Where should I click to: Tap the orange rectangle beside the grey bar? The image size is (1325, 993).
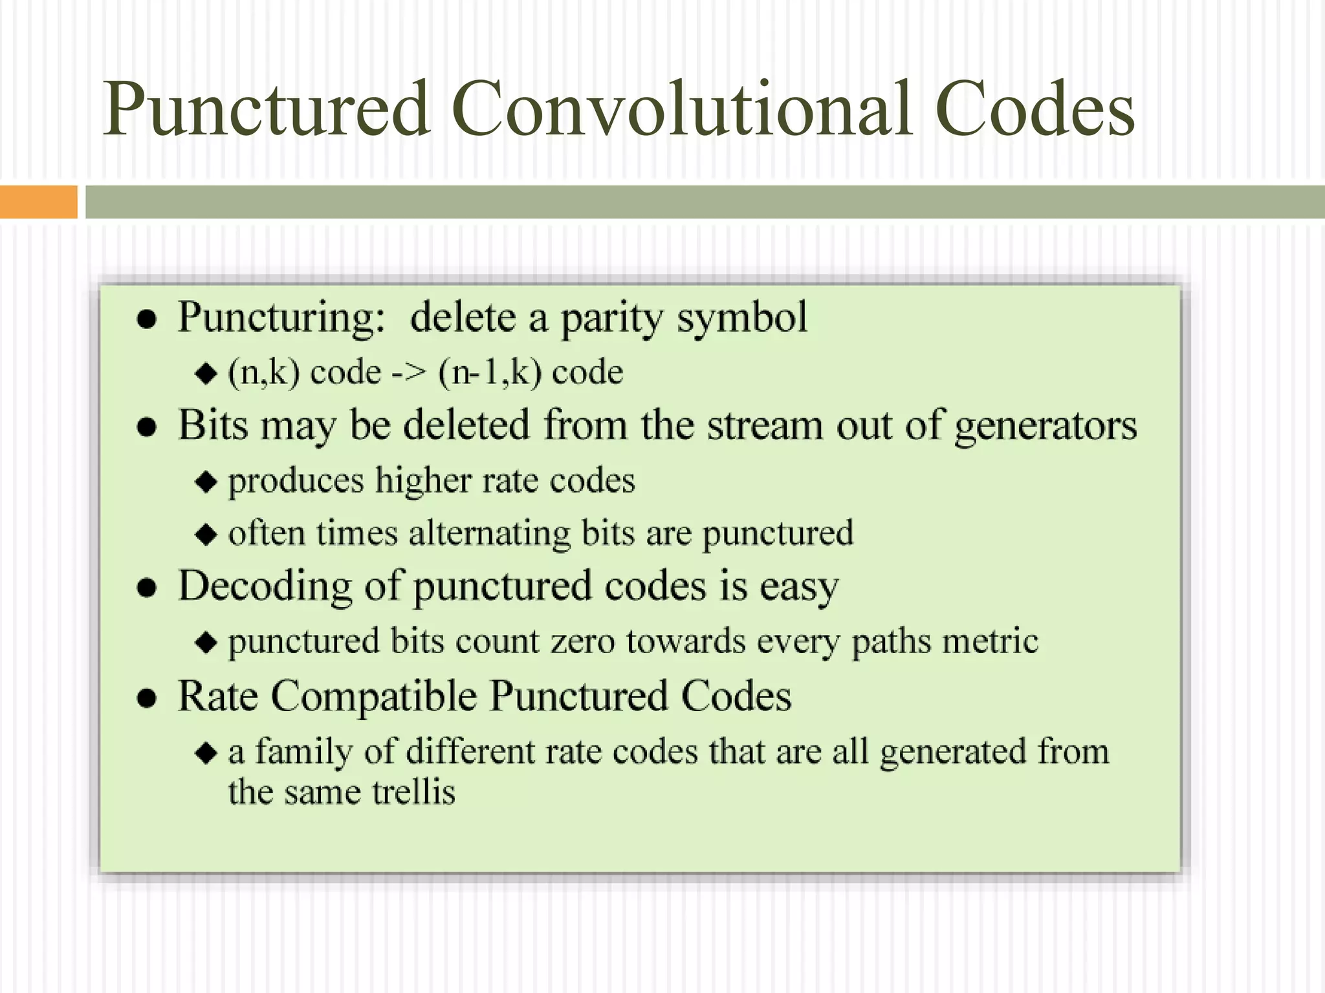coord(38,202)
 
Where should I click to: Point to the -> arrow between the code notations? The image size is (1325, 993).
coord(409,373)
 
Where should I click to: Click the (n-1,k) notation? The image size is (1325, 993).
coord(490,373)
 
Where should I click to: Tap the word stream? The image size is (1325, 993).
coord(765,427)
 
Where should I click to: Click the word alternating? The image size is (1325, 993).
coord(489,534)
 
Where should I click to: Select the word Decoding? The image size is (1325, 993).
coord(265,586)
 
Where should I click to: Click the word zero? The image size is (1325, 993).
coord(582,641)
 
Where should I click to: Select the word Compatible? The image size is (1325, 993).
coord(373,697)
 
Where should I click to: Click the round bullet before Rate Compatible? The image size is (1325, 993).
coord(148,699)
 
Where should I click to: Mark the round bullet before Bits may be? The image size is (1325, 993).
coord(148,427)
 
